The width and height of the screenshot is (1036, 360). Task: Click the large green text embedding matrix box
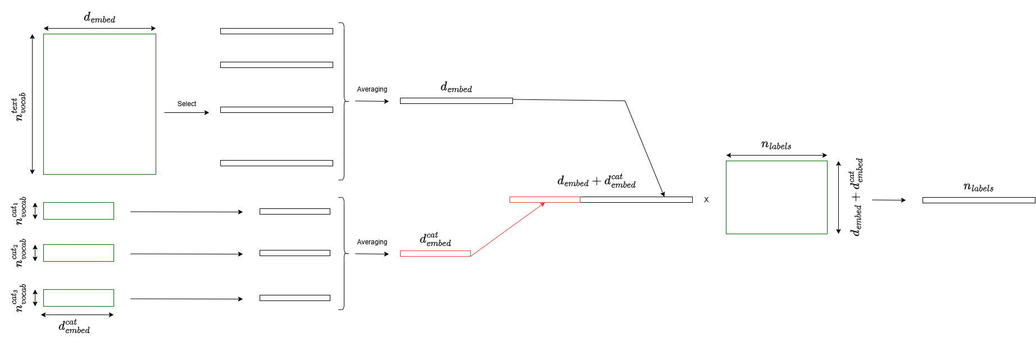tap(99, 104)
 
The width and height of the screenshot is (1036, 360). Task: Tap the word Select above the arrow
tap(187, 104)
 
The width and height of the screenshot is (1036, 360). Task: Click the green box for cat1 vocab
tap(79, 211)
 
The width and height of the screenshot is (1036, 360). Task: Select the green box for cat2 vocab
tap(79, 253)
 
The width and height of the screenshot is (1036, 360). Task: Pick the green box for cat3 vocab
tap(79, 298)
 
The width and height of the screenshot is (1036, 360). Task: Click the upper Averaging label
tap(372, 89)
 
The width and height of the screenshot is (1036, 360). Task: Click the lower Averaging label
tap(372, 242)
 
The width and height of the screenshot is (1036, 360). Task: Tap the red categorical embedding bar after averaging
tap(435, 254)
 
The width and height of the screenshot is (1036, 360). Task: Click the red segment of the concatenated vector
tap(544, 200)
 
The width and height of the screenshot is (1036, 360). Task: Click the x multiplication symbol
tap(706, 200)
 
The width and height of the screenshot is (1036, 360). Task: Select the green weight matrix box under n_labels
tap(776, 197)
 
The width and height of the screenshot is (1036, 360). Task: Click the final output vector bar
tap(978, 200)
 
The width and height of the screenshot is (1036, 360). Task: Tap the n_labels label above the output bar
tap(978, 188)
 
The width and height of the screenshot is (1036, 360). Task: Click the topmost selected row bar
tap(276, 31)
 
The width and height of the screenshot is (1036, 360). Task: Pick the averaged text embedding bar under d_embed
tap(456, 101)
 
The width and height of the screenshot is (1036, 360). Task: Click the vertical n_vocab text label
tap(20, 106)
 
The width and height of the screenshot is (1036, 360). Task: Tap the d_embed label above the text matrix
tap(99, 18)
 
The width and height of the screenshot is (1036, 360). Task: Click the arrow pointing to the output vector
tap(888, 200)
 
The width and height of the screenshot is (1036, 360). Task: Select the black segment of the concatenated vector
tap(636, 200)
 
